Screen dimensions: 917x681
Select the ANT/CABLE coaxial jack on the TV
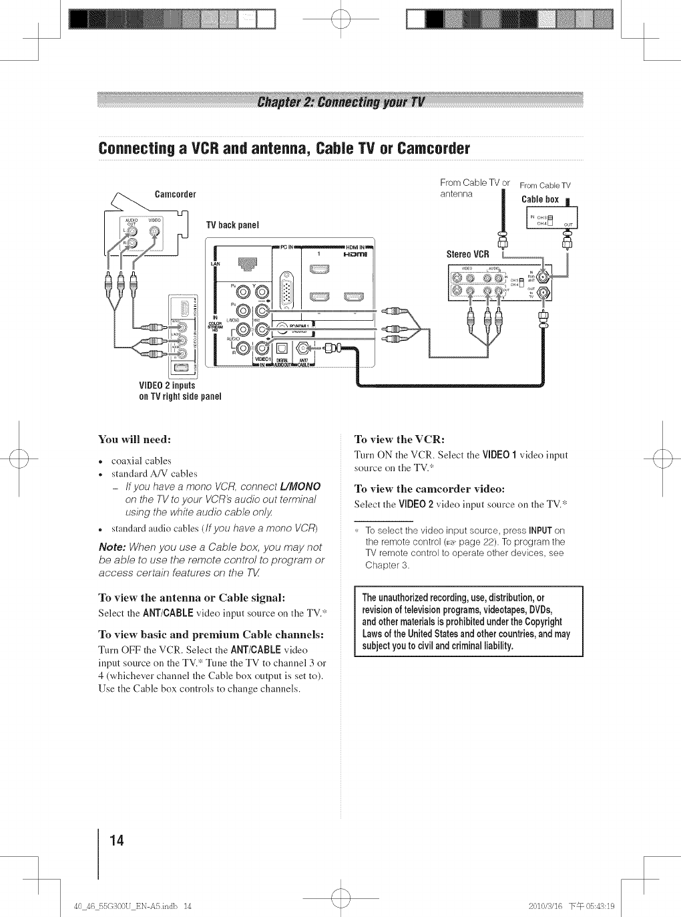(x=302, y=348)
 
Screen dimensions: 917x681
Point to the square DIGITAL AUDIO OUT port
(x=282, y=348)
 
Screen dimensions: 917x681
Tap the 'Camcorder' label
(x=175, y=194)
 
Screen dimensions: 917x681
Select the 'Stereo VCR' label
(x=468, y=254)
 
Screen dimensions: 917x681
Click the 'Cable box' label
(x=539, y=199)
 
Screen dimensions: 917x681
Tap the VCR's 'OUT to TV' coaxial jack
(x=545, y=293)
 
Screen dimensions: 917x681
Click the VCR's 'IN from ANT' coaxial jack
(x=545, y=275)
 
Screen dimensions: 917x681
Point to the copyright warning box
(x=469, y=622)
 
